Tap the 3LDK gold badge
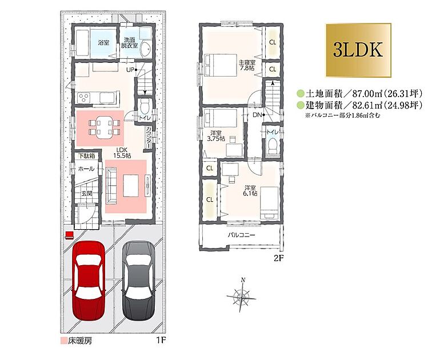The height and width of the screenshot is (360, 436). tap(358, 50)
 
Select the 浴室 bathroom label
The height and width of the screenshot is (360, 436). tap(103, 42)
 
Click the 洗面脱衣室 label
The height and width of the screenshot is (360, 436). tap(129, 42)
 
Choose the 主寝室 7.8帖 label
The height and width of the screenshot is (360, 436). tap(247, 65)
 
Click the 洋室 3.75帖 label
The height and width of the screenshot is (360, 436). tap(216, 136)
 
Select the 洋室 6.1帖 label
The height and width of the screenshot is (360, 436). tap(250, 191)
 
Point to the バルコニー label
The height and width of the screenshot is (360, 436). tap(241, 235)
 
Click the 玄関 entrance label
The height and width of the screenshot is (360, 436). tap(87, 194)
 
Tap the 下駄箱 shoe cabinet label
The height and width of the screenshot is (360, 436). tap(86, 156)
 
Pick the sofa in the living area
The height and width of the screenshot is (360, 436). tap(112, 184)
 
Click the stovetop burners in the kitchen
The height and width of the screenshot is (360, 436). tap(83, 97)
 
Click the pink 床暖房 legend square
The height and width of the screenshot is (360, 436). tap(63, 341)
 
